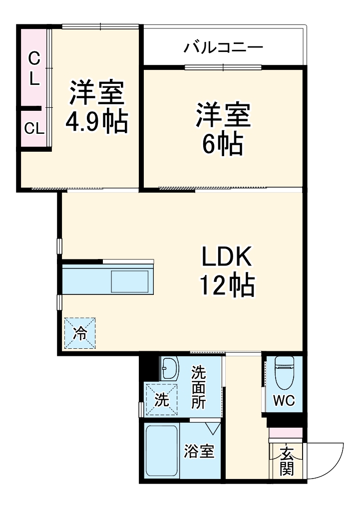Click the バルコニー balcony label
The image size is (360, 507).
click(x=223, y=48)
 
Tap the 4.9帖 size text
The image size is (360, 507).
click(x=97, y=122)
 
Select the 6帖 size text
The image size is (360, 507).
click(x=223, y=144)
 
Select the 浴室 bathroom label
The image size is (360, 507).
click(x=199, y=452)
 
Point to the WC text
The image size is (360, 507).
click(x=283, y=400)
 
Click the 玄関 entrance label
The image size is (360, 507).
click(x=286, y=462)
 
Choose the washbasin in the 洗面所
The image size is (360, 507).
click(x=170, y=370)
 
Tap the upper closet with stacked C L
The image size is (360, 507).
click(x=33, y=68)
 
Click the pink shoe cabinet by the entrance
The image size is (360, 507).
click(x=286, y=433)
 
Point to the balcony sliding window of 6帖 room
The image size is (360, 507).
click(x=223, y=67)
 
